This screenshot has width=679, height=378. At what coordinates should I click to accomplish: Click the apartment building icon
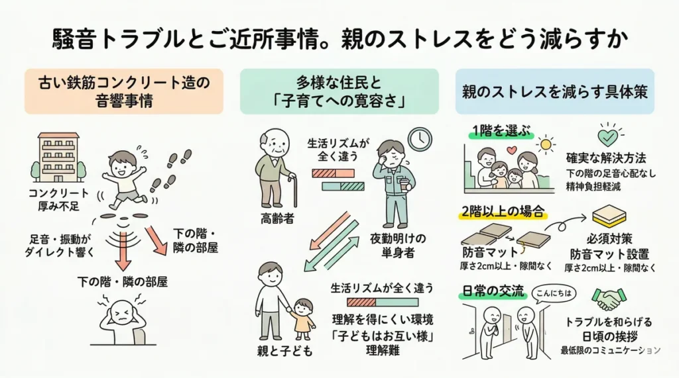pos(58,157)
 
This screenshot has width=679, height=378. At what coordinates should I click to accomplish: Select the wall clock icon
pos(419,140)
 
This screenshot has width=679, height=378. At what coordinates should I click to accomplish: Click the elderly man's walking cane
pos(295,191)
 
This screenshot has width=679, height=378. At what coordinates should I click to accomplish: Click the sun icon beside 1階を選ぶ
pos(546,144)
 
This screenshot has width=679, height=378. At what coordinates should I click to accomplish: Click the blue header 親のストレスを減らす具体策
pos(554,91)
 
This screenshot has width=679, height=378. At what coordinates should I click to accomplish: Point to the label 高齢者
pos(275,218)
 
